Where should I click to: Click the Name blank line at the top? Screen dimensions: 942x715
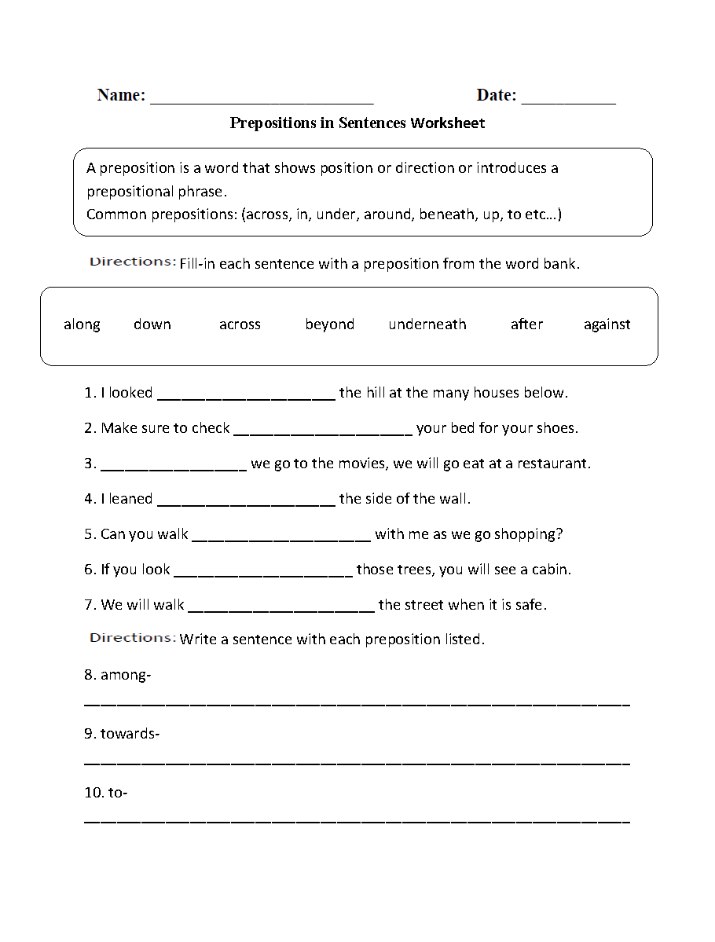pos(261,101)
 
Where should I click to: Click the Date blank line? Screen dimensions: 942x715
pos(568,101)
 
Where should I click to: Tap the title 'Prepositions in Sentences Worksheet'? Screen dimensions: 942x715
pos(357,123)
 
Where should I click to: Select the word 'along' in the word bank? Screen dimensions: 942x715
pos(82,324)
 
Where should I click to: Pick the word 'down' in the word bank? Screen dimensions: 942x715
pos(152,324)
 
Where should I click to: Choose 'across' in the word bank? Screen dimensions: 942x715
pos(240,324)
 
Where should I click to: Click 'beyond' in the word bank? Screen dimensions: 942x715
pos(329,324)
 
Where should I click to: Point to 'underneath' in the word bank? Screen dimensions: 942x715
pos(427,324)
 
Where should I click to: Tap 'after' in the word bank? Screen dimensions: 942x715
pos(526,324)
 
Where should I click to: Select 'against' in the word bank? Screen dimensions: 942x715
pos(607,324)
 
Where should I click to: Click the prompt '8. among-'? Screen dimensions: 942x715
pos(118,675)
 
